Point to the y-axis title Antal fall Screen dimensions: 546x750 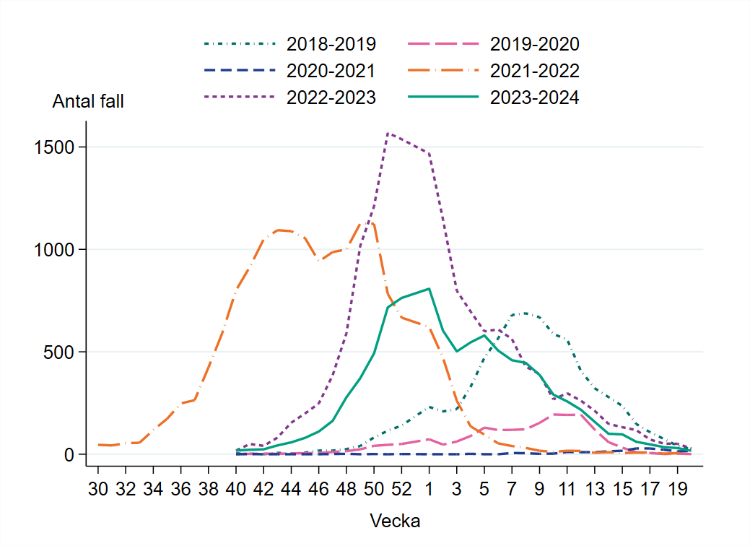(x=88, y=102)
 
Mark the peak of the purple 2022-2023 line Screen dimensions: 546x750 (x=388, y=133)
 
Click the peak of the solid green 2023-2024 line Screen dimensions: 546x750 (x=429, y=289)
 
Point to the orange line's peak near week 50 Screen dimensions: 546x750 (x=367, y=222)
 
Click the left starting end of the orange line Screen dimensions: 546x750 (x=98, y=445)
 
